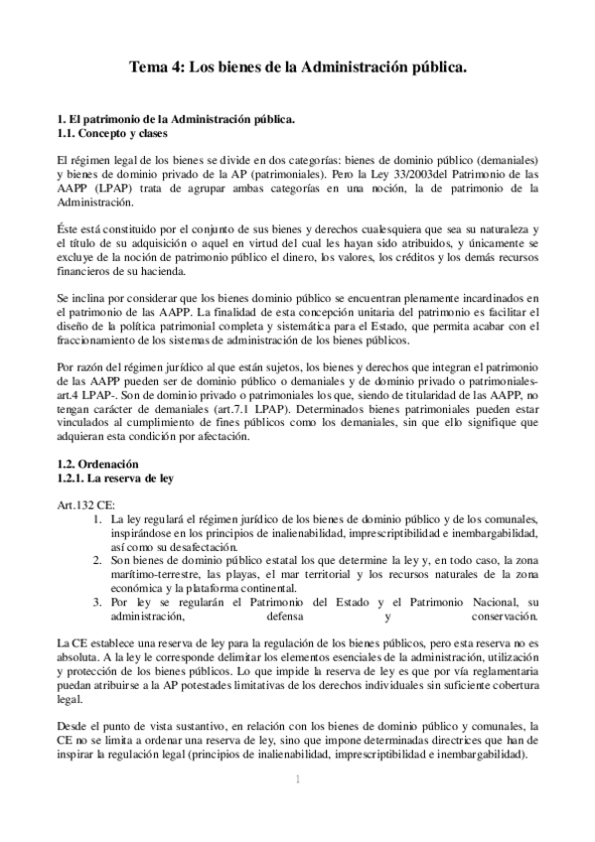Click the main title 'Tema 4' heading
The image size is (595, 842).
pos(298,70)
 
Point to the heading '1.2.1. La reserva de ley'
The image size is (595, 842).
pos(115,478)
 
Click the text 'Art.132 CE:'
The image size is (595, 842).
pos(86,504)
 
